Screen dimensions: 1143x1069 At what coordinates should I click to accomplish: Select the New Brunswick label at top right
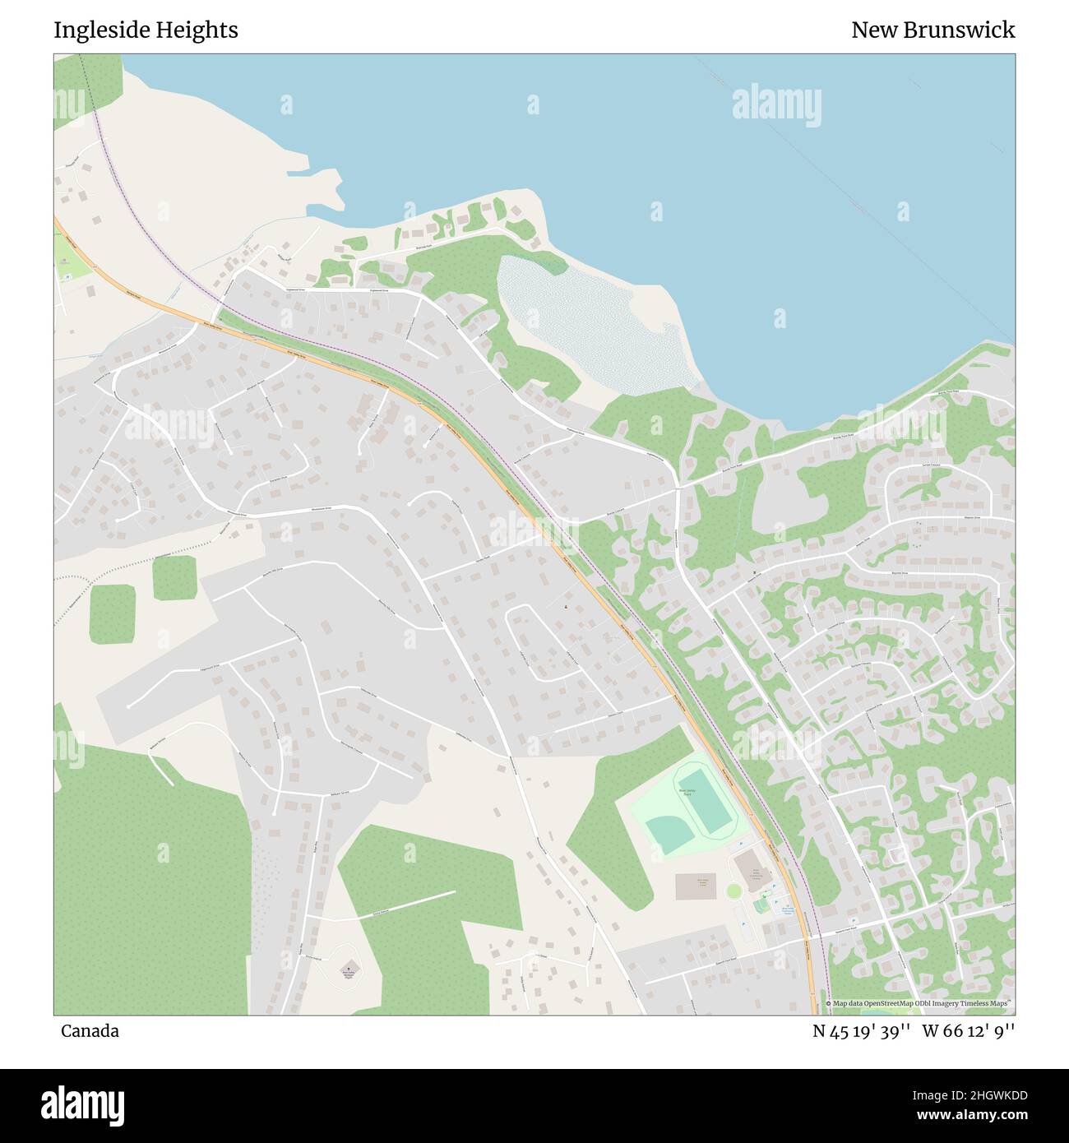932,30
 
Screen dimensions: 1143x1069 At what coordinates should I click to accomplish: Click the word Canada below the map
90,1031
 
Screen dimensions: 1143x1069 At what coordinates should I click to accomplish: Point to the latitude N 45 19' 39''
861,1031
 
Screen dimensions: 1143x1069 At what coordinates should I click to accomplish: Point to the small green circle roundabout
733,891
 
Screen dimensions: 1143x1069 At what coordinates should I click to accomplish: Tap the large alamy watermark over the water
776,104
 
